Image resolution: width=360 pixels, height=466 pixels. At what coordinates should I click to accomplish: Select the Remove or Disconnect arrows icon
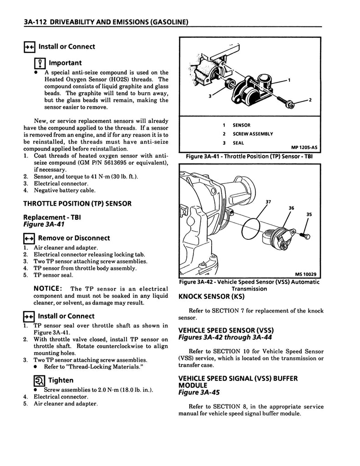point(29,238)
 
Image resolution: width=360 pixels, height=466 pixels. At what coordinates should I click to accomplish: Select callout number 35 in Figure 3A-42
point(309,214)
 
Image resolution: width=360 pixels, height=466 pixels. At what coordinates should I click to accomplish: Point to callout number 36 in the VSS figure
point(292,208)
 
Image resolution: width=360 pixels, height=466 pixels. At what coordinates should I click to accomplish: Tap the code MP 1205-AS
point(304,147)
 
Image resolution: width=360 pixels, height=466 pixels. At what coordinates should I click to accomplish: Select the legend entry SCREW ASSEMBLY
point(253,134)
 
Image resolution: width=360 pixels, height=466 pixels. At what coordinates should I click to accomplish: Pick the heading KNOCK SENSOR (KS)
point(211,297)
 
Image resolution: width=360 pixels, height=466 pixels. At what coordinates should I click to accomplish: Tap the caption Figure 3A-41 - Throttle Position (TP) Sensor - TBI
point(250,157)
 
